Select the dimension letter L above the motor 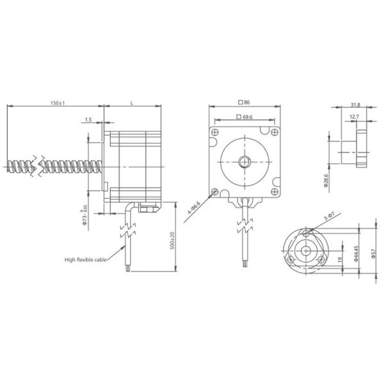tap(131, 102)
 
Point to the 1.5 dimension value tap(88, 120)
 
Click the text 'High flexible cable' tap(86, 260)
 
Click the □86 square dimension tap(243, 102)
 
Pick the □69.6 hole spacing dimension tap(244, 117)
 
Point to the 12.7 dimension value tap(354, 116)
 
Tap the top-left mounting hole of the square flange tap(215, 131)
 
